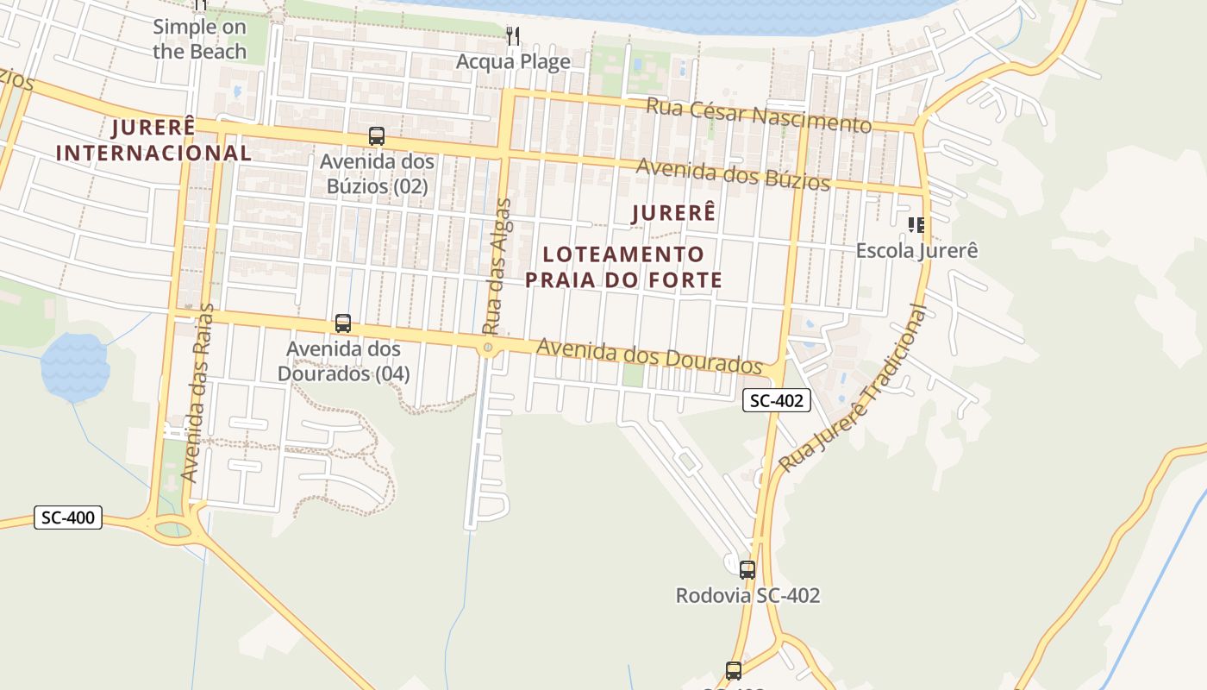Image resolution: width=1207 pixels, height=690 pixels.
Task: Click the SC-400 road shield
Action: coord(68,518)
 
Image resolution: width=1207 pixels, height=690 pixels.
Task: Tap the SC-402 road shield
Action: coord(776,400)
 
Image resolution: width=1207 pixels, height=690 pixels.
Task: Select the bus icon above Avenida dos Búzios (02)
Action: coord(377,135)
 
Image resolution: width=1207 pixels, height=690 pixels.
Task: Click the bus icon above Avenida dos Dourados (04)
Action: coord(343,323)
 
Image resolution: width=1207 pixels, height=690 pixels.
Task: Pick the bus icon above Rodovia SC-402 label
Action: coord(747,569)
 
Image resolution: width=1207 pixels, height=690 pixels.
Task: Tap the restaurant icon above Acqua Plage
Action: coord(513,36)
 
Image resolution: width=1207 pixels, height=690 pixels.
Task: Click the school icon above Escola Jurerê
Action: coord(916,225)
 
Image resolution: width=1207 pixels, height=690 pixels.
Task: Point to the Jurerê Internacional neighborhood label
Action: coord(153,141)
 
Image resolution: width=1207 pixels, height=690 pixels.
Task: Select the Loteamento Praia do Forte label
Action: coord(624,267)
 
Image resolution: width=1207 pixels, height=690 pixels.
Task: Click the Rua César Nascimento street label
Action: coord(759,116)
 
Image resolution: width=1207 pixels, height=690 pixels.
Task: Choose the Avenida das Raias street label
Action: coord(197,392)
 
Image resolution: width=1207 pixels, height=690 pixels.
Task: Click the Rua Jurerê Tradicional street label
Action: coord(855,389)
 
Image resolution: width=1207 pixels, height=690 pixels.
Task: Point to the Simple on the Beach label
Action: coord(200,39)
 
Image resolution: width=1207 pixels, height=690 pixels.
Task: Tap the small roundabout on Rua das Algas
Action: coord(489,348)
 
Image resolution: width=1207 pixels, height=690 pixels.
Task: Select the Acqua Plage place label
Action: coord(513,62)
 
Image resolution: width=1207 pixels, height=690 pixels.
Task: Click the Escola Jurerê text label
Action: coord(916,251)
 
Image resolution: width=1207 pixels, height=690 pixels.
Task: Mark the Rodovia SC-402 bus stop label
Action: coord(747,596)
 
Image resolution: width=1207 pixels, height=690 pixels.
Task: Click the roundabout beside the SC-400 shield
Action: coord(173,524)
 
